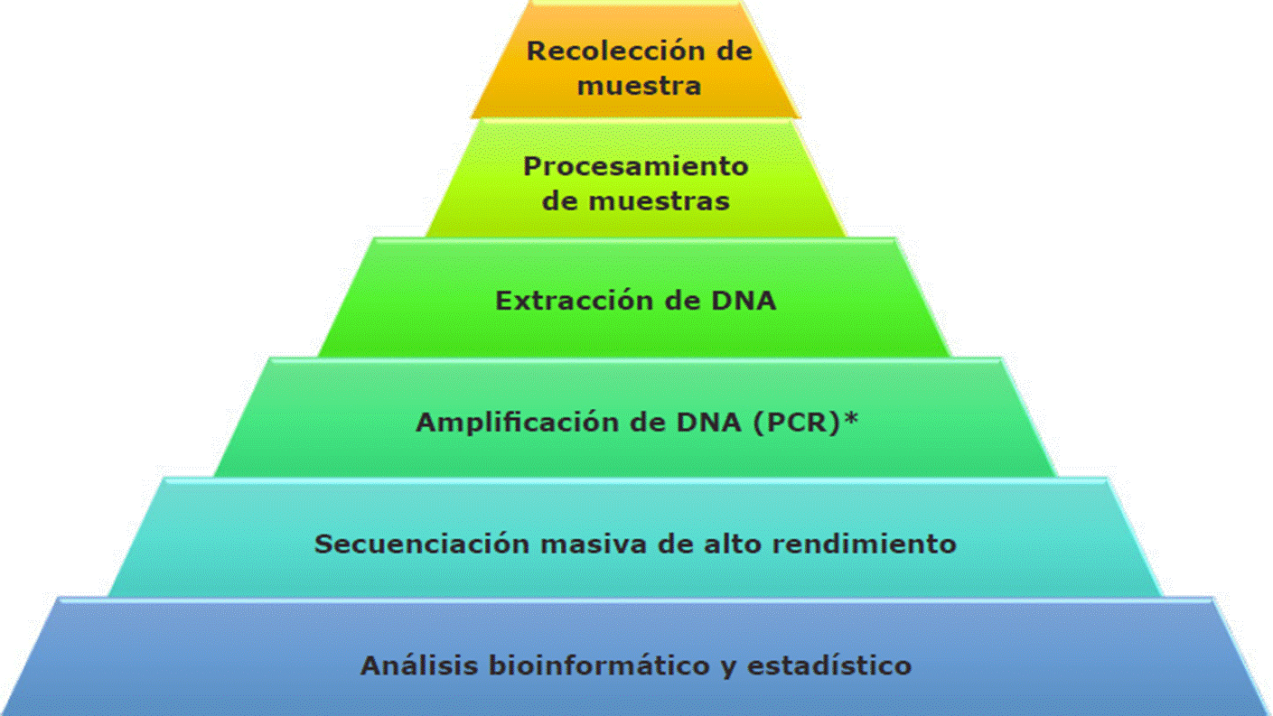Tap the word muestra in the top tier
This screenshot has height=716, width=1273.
[x=639, y=86]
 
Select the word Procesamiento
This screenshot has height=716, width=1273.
[x=636, y=167]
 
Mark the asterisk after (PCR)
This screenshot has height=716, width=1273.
[x=850, y=420]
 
